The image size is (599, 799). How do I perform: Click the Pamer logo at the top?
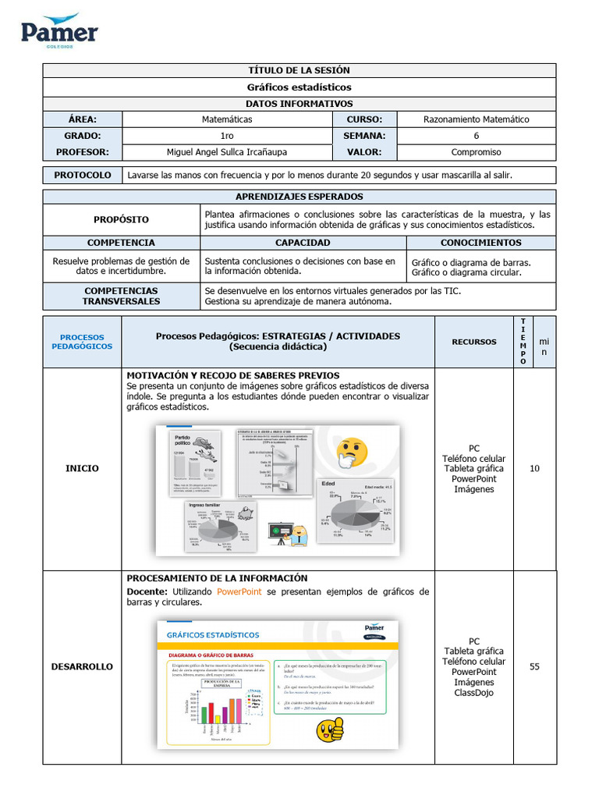coord(59,30)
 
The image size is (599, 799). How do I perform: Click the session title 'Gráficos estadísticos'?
coord(299,87)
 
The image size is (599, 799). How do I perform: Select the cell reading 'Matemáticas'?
coord(227,119)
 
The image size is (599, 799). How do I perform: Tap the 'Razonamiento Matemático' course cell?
coord(476,119)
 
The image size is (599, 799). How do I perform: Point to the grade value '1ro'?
coord(227,136)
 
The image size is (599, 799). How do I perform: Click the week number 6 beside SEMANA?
coord(476,136)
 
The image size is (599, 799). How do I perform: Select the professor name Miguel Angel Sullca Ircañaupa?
coord(227,152)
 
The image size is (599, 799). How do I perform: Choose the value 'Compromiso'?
coord(476,152)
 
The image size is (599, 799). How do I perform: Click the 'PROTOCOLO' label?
coord(83,175)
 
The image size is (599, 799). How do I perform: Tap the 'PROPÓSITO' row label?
coord(121,220)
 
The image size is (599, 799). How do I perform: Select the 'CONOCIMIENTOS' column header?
coord(480,243)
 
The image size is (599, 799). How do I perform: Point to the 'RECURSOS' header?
coord(473,342)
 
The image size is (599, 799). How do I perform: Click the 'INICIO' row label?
coord(82,468)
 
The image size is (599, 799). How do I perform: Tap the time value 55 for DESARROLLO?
coord(534,666)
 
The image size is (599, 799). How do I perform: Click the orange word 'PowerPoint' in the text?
coord(239,592)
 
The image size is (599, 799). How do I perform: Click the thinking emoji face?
coord(352,453)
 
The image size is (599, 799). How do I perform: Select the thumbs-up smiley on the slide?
coord(329,730)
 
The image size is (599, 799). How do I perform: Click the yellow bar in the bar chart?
coord(218,719)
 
